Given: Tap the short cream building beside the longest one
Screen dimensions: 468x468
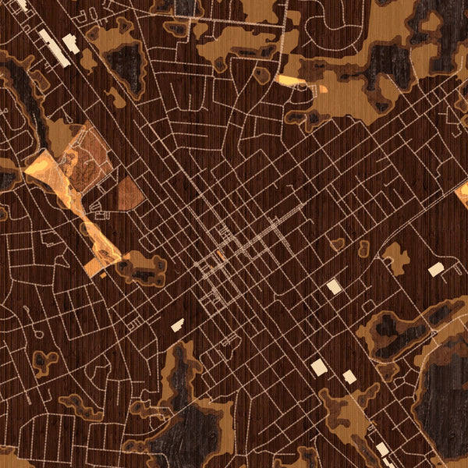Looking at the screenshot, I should click(70, 44).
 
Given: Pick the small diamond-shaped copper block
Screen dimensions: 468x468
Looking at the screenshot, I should click(129, 194).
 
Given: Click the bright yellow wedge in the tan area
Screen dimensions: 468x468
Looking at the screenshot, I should click(289, 80).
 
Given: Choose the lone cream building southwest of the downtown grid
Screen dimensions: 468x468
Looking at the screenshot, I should click(177, 324).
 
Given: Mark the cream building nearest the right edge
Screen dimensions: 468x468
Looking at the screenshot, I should click(436, 270).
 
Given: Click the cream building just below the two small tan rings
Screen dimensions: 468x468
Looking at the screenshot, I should click(334, 286).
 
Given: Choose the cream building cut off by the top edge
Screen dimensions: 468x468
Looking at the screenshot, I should click(21, 4).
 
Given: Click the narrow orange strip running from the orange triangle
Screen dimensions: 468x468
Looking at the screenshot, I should click(86, 222).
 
